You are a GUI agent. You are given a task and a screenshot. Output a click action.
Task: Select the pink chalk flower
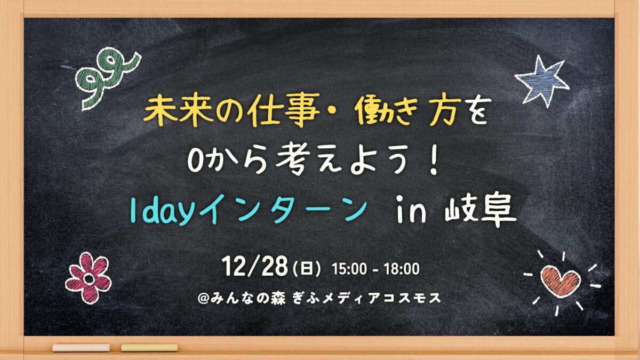tap(89, 277)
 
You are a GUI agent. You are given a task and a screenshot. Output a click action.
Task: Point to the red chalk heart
tap(561, 281)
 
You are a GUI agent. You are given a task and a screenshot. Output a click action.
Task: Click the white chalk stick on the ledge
tap(81, 348)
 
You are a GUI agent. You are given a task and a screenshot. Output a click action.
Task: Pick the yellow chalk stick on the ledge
tap(149, 348)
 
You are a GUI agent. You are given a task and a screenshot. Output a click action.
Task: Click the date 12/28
tap(254, 266)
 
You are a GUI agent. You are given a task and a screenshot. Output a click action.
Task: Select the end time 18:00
tap(402, 269)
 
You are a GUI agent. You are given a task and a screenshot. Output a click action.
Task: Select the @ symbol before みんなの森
tap(204, 299)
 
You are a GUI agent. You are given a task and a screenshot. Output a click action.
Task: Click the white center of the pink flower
tap(89, 278)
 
